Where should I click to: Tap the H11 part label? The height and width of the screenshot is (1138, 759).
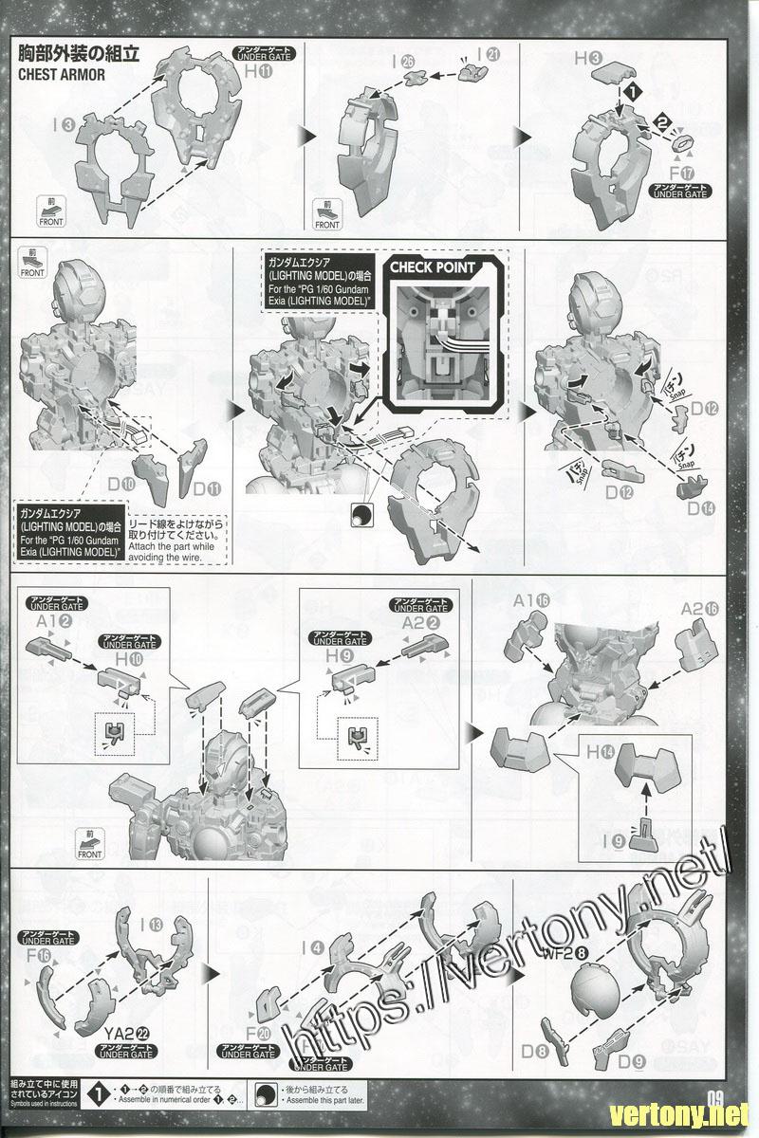(x=258, y=71)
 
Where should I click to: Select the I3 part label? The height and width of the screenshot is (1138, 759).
(x=65, y=122)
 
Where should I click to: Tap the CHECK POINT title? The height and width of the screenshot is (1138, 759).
(x=433, y=268)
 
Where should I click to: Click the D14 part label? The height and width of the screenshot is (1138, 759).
(x=701, y=509)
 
